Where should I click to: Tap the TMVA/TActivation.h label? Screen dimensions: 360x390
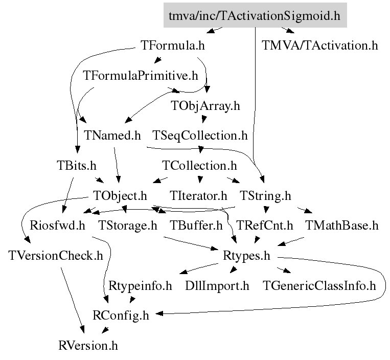[320, 46]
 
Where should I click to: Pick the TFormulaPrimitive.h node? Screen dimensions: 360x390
[140, 76]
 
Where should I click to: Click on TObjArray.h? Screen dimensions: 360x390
[205, 106]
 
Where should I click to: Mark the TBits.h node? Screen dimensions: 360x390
[76, 166]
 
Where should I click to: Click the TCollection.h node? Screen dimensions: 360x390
[199, 166]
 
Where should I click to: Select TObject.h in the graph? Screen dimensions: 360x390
[121, 195]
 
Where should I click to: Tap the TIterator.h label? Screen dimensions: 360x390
[198, 195]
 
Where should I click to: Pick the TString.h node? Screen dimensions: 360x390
[265, 195]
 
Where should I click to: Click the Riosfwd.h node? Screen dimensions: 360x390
[57, 226]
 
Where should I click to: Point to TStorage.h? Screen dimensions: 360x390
[127, 226]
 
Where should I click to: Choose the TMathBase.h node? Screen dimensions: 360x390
[341, 226]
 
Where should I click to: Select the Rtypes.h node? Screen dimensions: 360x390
[246, 256]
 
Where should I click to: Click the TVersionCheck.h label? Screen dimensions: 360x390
[56, 256]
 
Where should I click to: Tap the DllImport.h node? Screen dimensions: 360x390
[217, 285]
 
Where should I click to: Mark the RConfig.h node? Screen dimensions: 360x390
[121, 316]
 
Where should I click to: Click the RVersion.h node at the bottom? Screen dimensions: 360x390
[88, 345]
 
